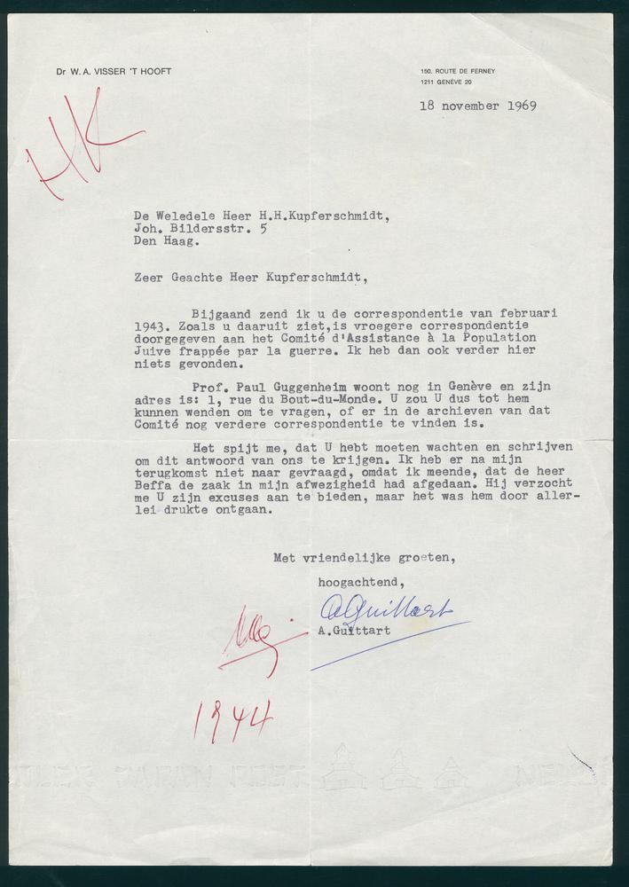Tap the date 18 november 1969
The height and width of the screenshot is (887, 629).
point(478,106)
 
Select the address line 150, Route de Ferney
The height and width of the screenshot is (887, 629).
point(458,71)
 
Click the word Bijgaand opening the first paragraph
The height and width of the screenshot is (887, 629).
point(222,313)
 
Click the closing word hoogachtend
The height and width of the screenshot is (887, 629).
point(361,582)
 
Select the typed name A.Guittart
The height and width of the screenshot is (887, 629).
point(353,631)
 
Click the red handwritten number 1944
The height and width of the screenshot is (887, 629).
point(232,719)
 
